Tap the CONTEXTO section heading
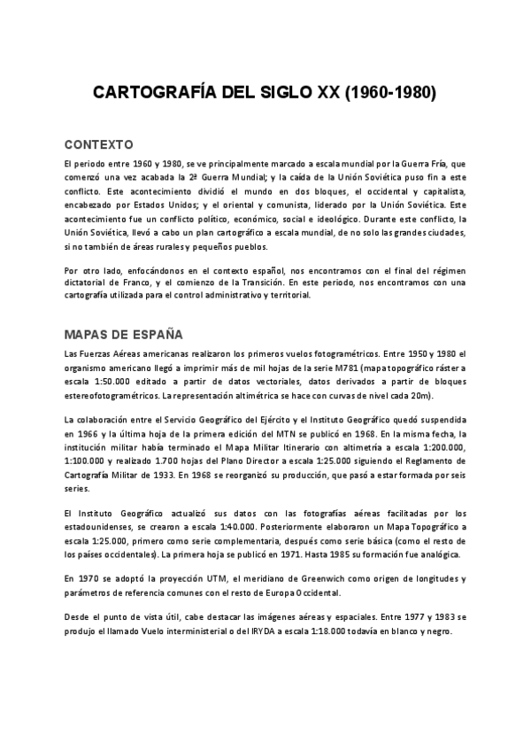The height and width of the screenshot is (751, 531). click(98, 143)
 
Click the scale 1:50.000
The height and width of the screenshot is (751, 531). click(116, 381)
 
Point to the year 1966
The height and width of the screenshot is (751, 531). click(88, 434)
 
